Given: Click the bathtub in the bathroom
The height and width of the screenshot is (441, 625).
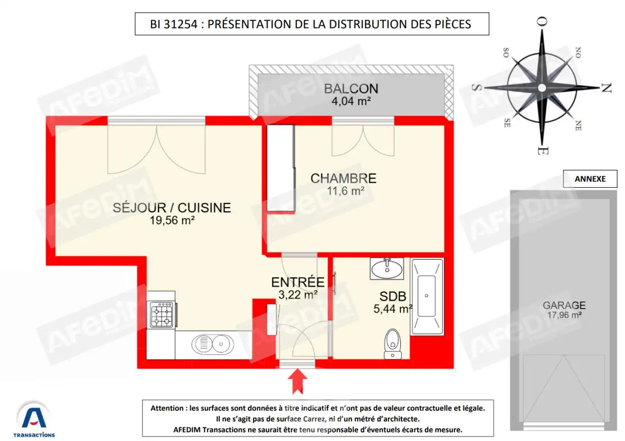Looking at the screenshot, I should pos(427,296).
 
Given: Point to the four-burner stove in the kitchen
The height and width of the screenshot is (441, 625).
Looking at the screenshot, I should pos(162,315).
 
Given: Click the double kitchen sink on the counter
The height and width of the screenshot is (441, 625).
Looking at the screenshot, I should pos(212,344).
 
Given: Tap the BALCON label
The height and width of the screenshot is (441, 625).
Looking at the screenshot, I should pos(351,89).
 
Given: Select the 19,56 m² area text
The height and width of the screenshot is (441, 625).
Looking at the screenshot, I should pos(172,220).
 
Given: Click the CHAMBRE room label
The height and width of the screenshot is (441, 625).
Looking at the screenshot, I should pos(343,179).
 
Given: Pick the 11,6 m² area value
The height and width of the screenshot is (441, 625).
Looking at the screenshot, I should pos(346,191).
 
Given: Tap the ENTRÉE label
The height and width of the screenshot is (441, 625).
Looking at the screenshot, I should pos(298,282).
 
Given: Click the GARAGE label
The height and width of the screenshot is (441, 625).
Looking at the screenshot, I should pos(564,305).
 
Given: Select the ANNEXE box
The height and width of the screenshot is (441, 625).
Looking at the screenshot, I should pos(590,179).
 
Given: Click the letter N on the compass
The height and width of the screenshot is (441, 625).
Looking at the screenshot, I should pos(606,88).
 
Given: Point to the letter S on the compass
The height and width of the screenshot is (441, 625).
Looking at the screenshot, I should pos(477,87).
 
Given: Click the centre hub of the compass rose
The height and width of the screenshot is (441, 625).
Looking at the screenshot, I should pos(542,88).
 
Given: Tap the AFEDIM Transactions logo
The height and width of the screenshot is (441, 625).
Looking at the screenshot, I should pos(34,420).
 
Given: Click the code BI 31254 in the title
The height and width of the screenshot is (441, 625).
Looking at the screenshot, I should pos(174,24).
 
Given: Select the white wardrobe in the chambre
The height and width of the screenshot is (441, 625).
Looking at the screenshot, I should pos(280,168).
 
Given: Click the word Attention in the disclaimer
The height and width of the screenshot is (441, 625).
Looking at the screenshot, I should pos(167,408).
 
